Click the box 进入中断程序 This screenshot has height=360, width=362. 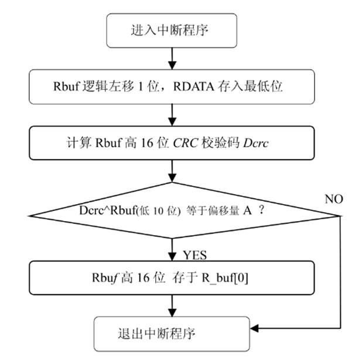170,30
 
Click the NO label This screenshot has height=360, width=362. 334,199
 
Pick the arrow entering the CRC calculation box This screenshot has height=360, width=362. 171,116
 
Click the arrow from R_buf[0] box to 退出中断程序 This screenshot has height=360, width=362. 171,306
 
